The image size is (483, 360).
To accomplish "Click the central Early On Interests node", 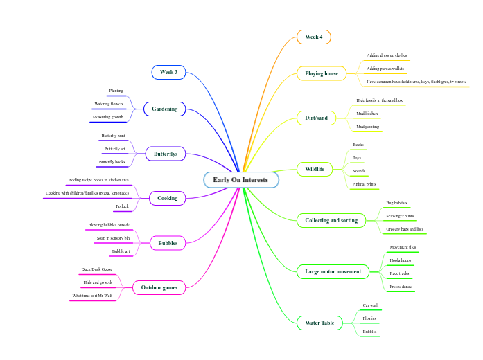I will [240, 180].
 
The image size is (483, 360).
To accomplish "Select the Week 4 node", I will [314, 37].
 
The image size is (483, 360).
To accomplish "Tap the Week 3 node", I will [168, 72].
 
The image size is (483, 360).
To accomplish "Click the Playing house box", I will [322, 73].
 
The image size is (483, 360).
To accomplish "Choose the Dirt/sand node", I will [316, 118].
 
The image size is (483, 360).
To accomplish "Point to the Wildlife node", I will [315, 168].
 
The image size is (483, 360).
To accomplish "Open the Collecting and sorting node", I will [331, 220].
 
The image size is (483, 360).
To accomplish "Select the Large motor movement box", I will [333, 271].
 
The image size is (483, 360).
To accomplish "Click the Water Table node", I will [319, 323].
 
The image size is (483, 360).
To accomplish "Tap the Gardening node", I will [165, 109].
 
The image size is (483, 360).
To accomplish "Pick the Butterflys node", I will [165, 154].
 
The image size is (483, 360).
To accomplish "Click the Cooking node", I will [167, 198].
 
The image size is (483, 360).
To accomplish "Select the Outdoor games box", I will [159, 287].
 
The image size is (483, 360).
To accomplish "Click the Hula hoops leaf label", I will [401, 260].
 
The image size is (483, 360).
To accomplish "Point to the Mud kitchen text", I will [367, 113].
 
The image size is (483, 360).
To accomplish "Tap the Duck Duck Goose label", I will [96, 269].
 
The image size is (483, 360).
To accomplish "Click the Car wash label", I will [370, 305].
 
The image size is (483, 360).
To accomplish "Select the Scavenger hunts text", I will [400, 215].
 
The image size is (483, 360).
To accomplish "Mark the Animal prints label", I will [365, 184].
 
